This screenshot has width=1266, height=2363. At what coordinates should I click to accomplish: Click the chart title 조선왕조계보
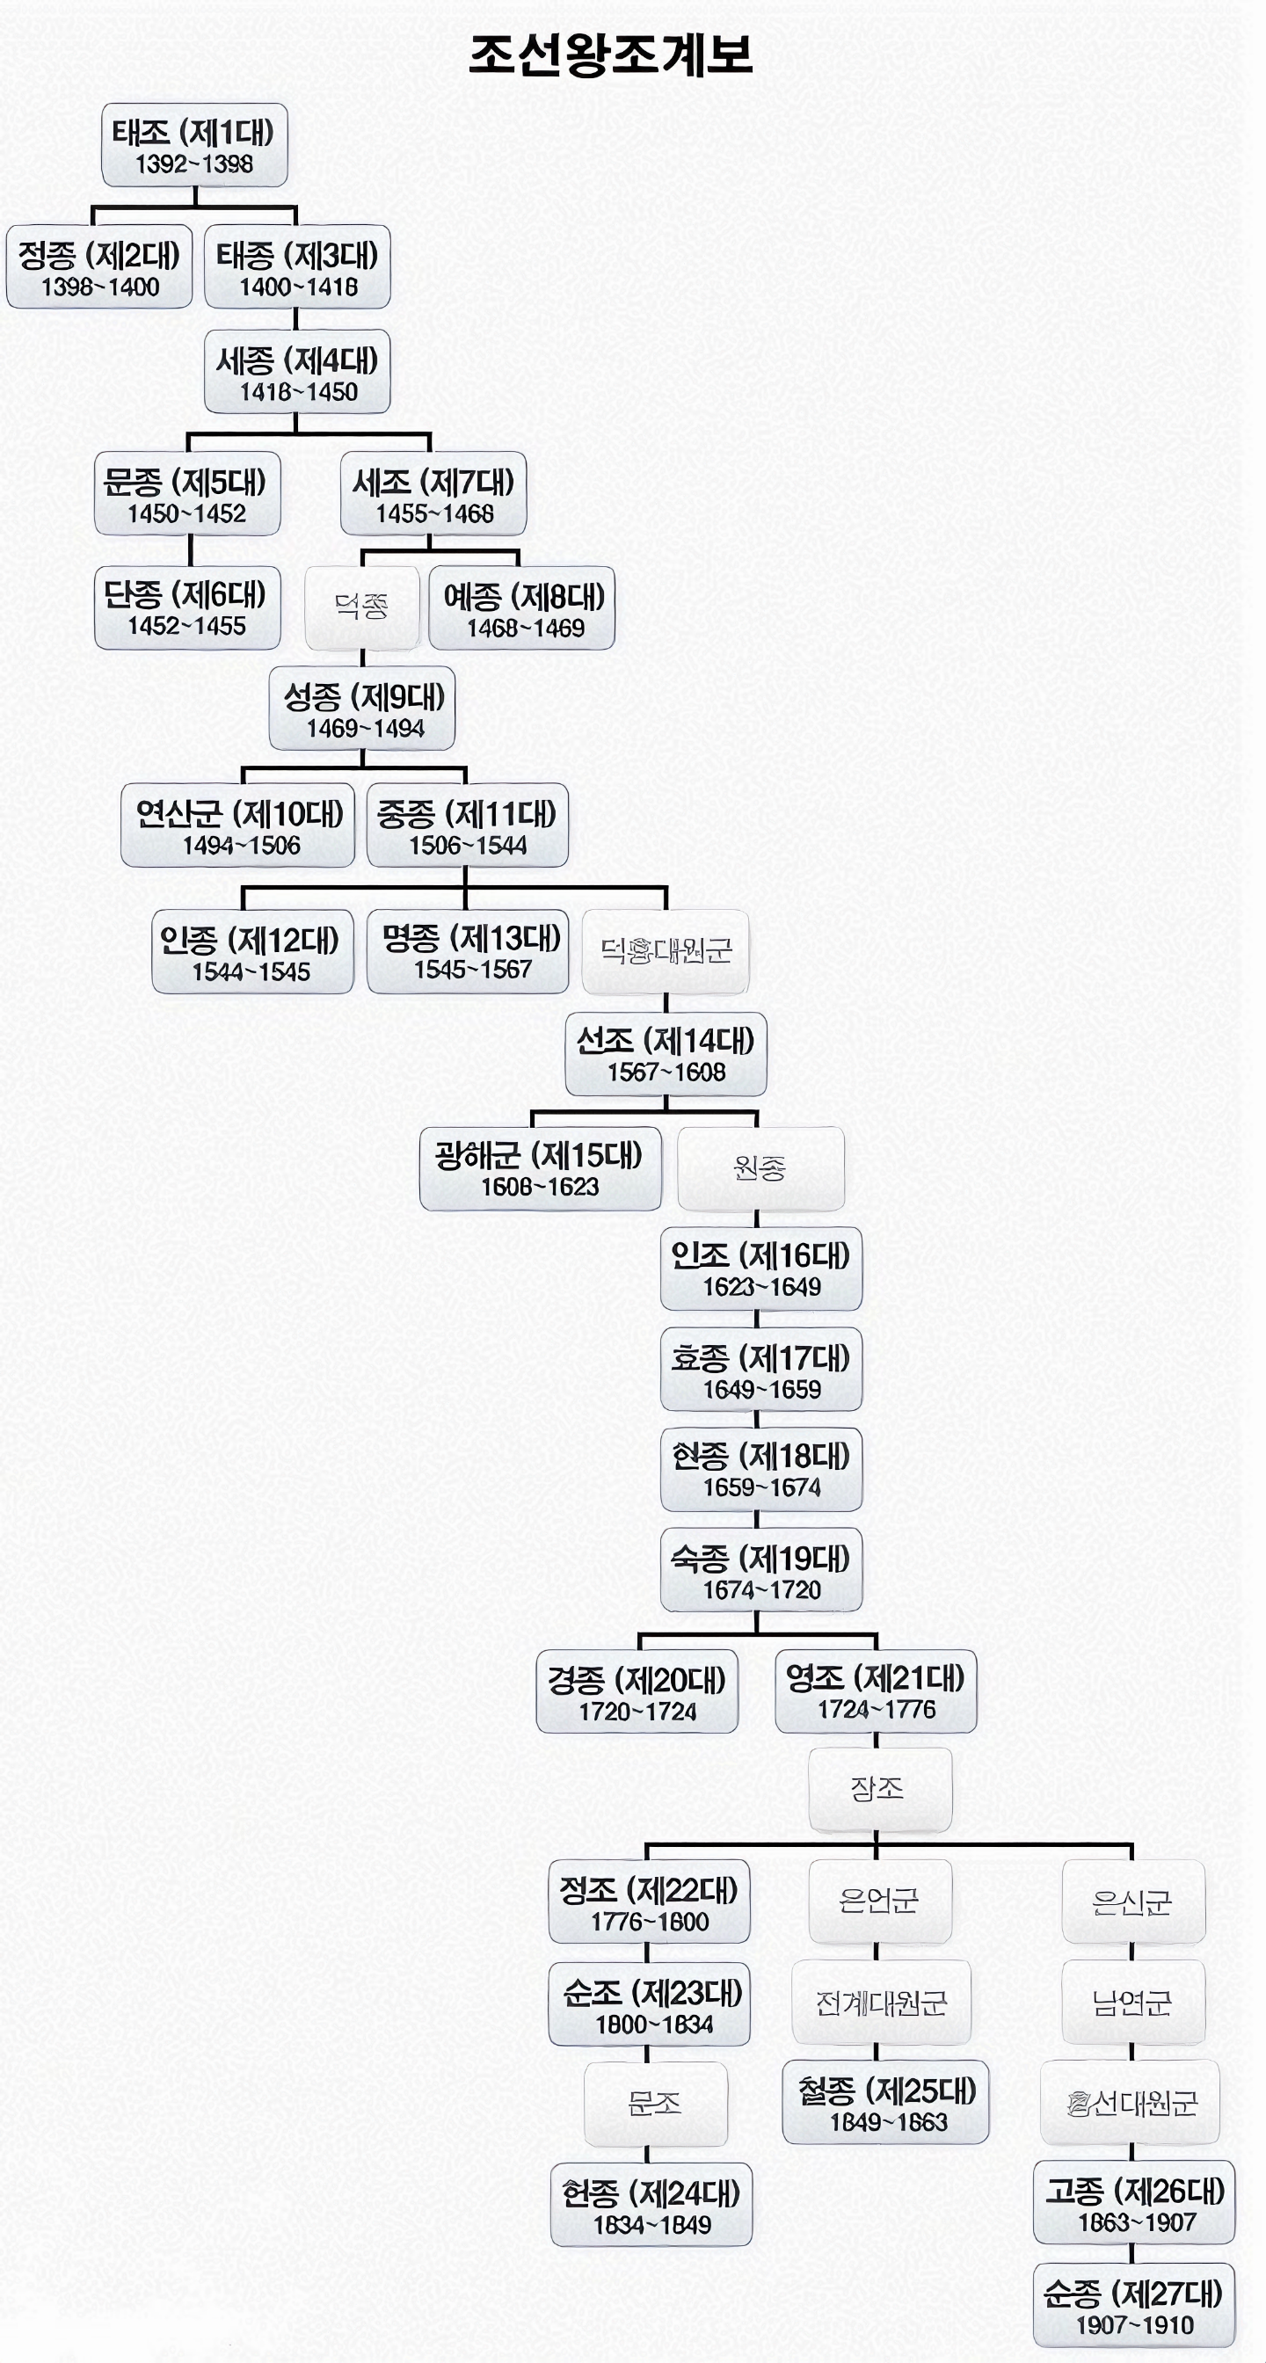610,55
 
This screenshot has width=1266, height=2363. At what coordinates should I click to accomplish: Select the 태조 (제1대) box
193,145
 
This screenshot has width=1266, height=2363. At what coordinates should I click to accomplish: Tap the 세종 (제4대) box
296,372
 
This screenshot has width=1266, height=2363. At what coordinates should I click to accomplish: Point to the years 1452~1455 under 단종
187,627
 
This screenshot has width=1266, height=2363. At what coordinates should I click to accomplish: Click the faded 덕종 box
361,607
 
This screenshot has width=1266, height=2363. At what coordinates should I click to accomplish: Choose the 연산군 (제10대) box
237,825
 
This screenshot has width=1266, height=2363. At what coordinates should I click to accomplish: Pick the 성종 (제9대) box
362,709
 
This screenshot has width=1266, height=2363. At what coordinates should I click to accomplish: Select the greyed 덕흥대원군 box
666,951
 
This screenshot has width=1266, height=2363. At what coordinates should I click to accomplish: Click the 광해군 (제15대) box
540,1167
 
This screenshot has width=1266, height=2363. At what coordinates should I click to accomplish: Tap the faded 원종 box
760,1167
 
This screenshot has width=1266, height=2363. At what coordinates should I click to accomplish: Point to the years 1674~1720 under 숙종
761,1589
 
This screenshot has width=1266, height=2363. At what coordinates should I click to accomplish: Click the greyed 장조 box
879,1789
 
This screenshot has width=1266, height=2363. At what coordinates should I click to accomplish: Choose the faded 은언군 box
879,1901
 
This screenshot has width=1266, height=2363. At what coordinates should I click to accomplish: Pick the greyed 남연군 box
1132,2003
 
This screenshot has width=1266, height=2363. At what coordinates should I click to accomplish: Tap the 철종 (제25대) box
885,2103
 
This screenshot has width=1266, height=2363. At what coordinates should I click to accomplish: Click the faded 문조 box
655,2104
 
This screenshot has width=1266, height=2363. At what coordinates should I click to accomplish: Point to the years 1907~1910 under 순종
1135,2325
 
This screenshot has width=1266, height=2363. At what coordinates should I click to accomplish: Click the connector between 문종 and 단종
190,550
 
